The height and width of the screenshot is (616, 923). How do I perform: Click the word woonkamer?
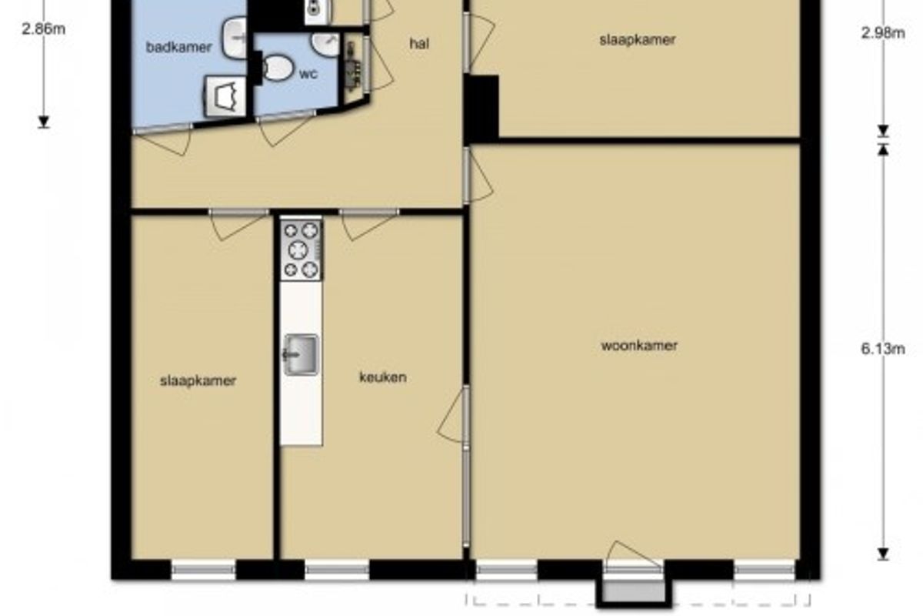click(639, 346)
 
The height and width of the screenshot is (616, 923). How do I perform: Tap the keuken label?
click(383, 377)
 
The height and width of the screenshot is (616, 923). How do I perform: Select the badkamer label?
click(178, 47)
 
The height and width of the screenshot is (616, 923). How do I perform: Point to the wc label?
click(308, 74)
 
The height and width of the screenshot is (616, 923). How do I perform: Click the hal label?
click(419, 43)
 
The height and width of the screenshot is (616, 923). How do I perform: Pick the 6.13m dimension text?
click(883, 349)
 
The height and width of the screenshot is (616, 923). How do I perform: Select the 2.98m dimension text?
click(883, 32)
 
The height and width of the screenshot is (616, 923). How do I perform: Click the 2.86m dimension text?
click(43, 29)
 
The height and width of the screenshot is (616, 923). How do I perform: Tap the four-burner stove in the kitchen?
click(302, 249)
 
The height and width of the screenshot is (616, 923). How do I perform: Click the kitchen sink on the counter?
click(301, 354)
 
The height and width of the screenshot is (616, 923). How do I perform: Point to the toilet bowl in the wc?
click(277, 69)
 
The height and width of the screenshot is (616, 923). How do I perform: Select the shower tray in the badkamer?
click(226, 96)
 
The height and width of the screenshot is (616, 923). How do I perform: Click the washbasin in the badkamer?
click(235, 38)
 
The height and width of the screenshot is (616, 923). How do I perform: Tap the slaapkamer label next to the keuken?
click(198, 380)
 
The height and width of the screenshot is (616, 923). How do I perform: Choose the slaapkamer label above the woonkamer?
click(637, 40)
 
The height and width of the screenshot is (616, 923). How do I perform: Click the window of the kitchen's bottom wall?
click(337, 570)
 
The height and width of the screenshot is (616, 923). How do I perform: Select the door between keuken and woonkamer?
click(452, 415)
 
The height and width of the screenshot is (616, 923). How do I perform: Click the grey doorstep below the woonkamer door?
click(635, 591)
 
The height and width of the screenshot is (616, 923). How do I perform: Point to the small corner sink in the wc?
click(325, 44)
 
